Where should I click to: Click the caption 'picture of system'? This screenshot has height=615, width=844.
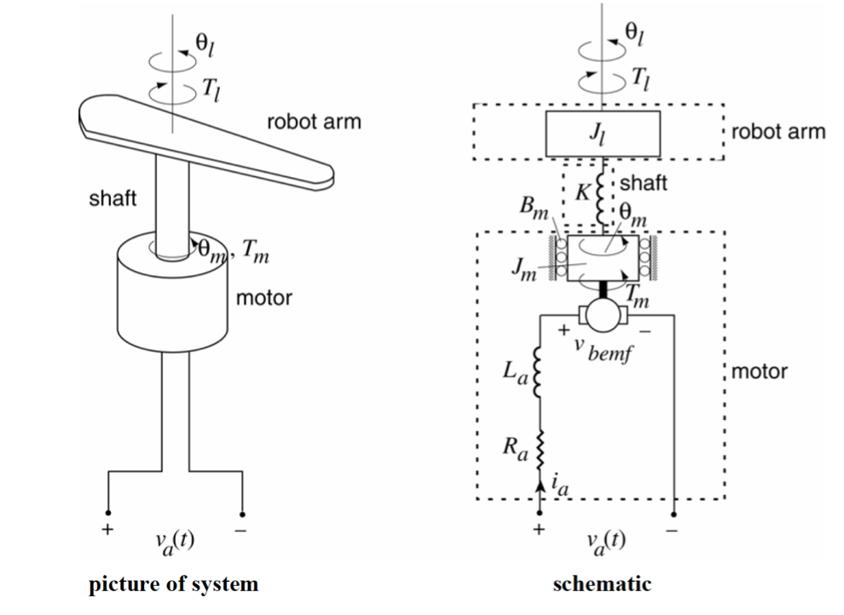pyautogui.click(x=173, y=584)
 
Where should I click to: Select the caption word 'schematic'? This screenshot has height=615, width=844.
pyautogui.click(x=602, y=584)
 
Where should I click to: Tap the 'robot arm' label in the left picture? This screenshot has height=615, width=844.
pyautogui.click(x=314, y=122)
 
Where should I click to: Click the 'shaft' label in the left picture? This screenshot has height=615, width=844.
pyautogui.click(x=113, y=198)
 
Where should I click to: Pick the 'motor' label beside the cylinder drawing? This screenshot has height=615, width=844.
pyautogui.click(x=263, y=299)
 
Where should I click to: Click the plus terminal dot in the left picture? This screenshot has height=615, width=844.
pyautogui.click(x=108, y=513)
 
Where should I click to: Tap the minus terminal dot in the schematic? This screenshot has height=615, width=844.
pyautogui.click(x=674, y=514)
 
